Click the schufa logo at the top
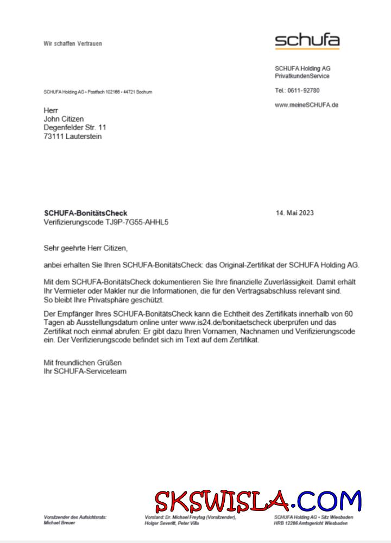(307, 40)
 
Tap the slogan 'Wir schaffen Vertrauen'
(73, 43)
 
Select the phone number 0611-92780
(304, 91)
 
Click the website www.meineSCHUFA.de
(306, 105)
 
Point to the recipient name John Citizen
(64, 119)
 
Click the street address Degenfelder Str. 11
(75, 128)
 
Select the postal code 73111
(53, 137)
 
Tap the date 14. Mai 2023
(295, 213)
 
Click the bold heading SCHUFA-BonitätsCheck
(85, 213)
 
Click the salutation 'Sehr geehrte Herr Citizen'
(85, 248)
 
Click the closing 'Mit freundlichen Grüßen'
(83, 362)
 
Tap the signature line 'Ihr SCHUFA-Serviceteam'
(85, 371)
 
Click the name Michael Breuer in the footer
(60, 523)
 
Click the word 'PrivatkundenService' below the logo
(302, 77)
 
